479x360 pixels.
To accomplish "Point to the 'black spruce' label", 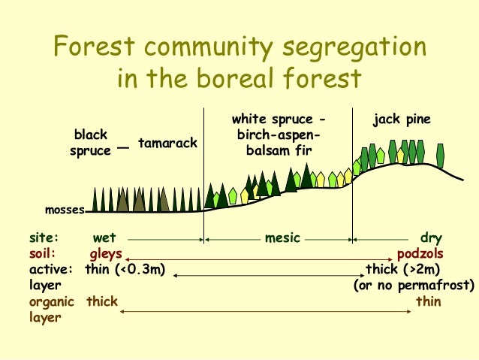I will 90,142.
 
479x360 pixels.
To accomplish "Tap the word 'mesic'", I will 282,238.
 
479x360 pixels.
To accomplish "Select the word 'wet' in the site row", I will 104,238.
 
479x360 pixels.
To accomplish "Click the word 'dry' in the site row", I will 430,238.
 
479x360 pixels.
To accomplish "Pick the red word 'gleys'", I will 106,253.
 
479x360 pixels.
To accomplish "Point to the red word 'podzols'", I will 420,253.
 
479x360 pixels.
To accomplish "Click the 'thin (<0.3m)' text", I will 125,269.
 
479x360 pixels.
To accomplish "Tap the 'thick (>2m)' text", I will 402,269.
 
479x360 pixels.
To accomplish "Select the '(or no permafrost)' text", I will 414,286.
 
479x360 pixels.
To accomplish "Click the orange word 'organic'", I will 52,301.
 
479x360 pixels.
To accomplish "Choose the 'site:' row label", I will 44,238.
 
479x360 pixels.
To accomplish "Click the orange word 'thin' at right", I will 428,301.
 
